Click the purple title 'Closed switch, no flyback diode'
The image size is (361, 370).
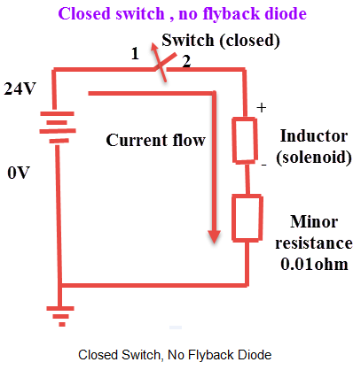tap(181, 14)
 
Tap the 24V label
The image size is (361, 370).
tap(23, 89)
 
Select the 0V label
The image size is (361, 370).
tap(20, 173)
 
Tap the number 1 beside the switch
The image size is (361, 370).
tap(135, 54)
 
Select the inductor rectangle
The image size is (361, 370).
tap(246, 140)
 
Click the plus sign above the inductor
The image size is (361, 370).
tap(261, 107)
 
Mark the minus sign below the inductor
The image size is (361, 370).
tap(263, 165)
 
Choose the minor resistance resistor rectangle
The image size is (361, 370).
tap(246, 218)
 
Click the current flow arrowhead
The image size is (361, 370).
tap(214, 236)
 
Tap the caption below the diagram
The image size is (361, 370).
tap(174, 354)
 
